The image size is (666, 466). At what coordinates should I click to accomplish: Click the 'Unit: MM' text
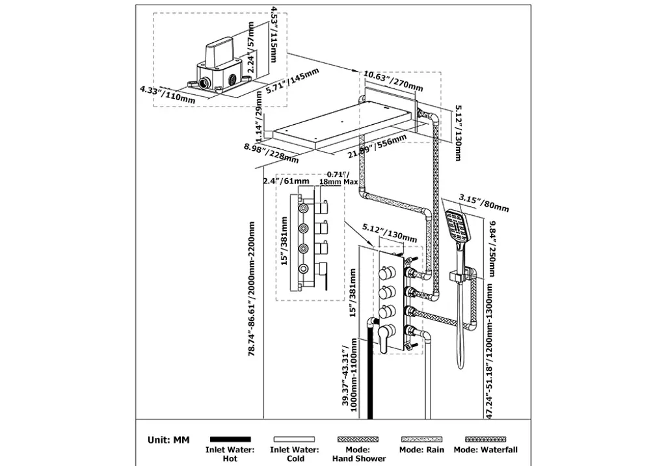point(168,440)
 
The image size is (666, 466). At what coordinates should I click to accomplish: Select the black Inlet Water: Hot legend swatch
point(230,439)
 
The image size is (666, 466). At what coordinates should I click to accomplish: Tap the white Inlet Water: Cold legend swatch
point(295,439)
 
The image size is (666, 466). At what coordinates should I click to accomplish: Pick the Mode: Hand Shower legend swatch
point(358,439)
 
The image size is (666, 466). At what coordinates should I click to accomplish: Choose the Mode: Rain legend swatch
point(421,439)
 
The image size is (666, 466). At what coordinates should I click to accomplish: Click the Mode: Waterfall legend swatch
point(485,439)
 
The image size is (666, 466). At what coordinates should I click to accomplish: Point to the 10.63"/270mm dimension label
point(393,81)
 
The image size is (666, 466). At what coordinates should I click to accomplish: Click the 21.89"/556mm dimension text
point(377,146)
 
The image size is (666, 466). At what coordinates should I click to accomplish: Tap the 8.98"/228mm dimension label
point(271,153)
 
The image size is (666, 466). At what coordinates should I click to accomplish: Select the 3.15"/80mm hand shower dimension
point(484,203)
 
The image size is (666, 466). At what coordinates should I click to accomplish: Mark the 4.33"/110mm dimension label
point(167,95)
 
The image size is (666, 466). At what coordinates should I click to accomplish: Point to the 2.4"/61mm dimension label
point(286,181)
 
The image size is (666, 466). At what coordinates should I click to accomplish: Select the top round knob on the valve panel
point(386,272)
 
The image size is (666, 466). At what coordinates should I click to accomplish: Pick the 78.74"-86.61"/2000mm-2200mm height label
point(252,289)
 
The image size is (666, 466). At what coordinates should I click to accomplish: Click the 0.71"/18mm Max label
point(338,178)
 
